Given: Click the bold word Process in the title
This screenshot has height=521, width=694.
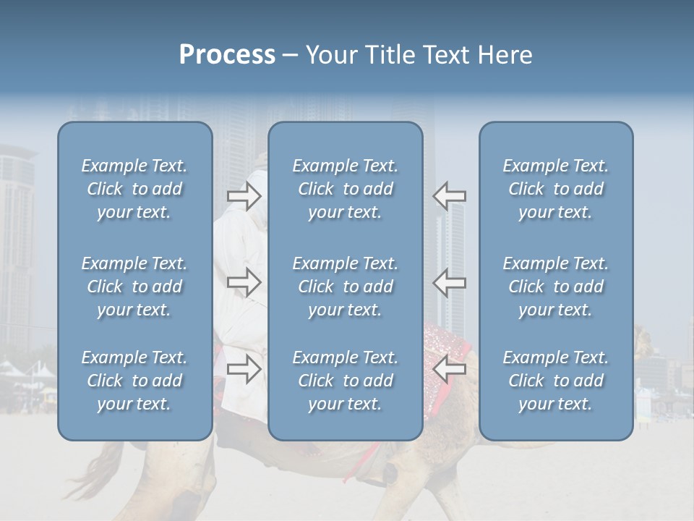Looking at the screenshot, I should pyautogui.click(x=227, y=55).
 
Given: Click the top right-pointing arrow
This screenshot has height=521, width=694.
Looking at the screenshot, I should pyautogui.click(x=244, y=195).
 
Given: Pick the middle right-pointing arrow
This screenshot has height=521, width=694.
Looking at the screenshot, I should pyautogui.click(x=244, y=282).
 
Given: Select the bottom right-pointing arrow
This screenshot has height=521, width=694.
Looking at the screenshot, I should pyautogui.click(x=244, y=369).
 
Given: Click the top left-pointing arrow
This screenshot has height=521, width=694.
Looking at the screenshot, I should pyautogui.click(x=450, y=195).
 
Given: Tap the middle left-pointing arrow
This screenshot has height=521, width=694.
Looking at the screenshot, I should pyautogui.click(x=450, y=282).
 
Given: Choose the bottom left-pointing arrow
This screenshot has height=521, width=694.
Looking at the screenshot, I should pyautogui.click(x=450, y=369).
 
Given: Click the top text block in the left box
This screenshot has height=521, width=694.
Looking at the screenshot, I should pyautogui.click(x=134, y=189).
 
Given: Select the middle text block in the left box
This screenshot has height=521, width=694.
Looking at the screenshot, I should pyautogui.click(x=134, y=287).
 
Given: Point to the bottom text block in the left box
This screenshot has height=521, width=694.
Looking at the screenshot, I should pyautogui.click(x=134, y=381).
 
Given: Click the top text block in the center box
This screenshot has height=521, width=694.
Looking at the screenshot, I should pyautogui.click(x=345, y=189).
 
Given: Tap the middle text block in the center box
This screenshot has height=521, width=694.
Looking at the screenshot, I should pyautogui.click(x=345, y=287).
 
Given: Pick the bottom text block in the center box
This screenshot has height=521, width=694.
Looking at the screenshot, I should pyautogui.click(x=345, y=381).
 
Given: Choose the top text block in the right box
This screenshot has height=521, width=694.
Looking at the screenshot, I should pyautogui.click(x=555, y=189).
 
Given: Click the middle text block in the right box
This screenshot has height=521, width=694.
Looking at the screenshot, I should pyautogui.click(x=555, y=287).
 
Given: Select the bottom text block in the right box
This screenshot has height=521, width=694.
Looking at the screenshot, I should pyautogui.click(x=555, y=381).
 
